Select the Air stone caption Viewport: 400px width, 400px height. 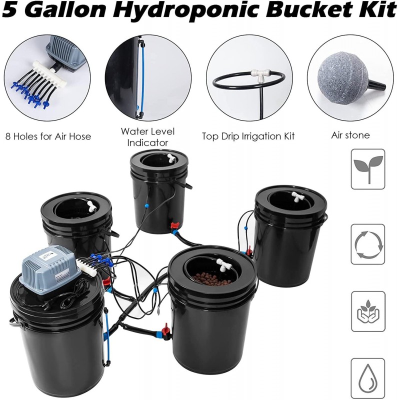pos(350,135)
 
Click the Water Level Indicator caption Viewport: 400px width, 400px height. pos(148,137)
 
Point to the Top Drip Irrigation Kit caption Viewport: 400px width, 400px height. pos(248,135)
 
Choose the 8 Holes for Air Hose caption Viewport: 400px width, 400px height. pos(48,136)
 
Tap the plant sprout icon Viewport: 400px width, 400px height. pos(367,169)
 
